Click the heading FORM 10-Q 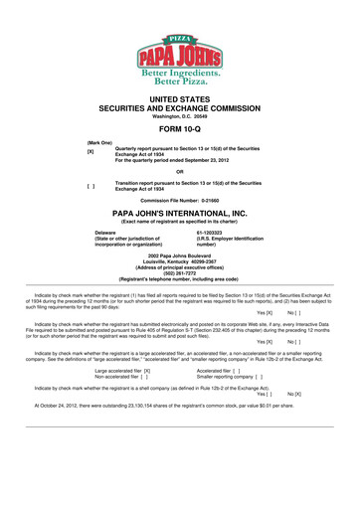coord(179,129)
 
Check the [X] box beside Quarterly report coord(90,151)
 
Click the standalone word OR coord(179,171)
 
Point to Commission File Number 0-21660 coord(180,200)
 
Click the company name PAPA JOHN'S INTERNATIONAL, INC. coord(180,213)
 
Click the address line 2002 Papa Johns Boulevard coord(180,255)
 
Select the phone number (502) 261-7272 coord(180,272)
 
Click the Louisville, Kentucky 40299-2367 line coord(180,261)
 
